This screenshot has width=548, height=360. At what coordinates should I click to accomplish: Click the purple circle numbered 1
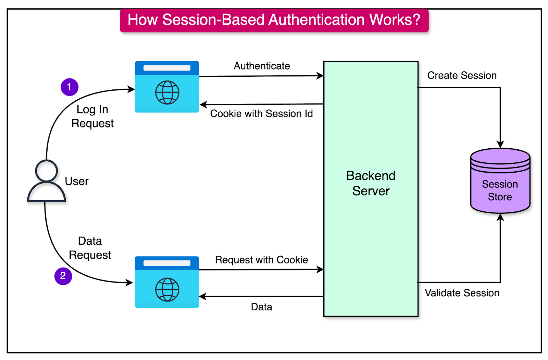70,87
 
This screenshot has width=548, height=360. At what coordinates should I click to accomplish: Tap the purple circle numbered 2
63,276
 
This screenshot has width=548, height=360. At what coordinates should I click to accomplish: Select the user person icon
46,181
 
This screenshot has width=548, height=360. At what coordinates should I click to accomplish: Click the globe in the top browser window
167,92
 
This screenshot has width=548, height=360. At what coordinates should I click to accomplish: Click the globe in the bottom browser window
167,289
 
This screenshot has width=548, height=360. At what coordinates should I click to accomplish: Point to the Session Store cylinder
500,182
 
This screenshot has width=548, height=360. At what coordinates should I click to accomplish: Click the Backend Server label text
371,183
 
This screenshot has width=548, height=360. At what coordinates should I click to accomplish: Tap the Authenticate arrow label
262,66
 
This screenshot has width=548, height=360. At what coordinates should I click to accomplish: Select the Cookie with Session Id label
261,114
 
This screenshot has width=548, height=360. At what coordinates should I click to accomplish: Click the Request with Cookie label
261,260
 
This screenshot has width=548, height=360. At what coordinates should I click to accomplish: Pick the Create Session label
462,75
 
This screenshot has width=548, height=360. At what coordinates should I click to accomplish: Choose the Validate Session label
462,293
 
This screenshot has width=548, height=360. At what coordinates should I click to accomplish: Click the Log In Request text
92,116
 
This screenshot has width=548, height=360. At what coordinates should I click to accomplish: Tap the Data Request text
90,248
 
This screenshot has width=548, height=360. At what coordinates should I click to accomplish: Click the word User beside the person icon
77,181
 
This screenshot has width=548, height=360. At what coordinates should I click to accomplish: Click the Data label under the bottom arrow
261,307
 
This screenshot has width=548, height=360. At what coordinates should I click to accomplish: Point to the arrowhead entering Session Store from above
500,144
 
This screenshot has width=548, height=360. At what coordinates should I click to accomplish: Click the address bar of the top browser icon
167,68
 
